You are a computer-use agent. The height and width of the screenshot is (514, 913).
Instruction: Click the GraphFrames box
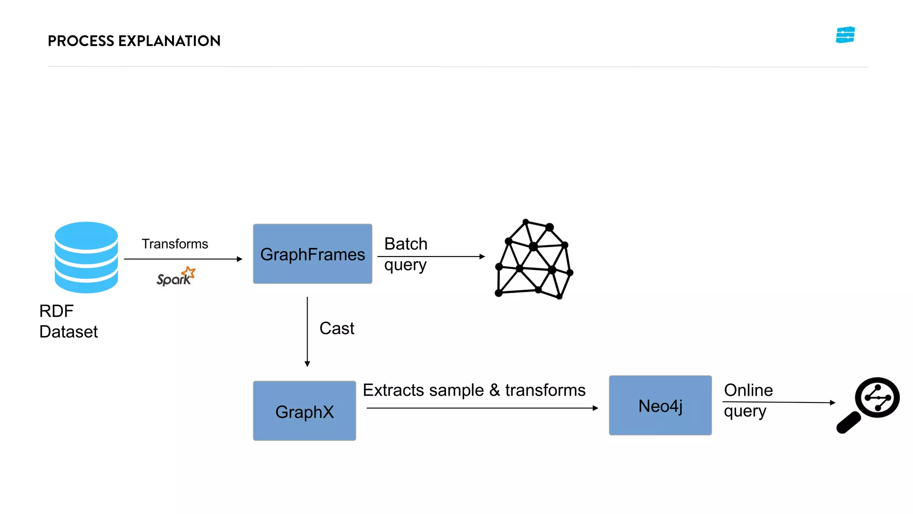point(312,254)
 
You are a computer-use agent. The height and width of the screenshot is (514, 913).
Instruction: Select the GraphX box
point(304,411)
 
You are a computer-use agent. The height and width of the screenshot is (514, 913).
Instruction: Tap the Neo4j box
point(660,406)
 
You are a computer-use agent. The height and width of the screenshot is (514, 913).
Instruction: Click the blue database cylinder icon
point(86,257)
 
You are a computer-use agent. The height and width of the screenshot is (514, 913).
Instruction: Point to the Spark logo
point(176,277)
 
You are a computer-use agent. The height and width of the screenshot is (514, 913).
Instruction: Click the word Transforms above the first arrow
point(175,244)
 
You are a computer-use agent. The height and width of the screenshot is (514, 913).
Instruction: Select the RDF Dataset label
point(68,321)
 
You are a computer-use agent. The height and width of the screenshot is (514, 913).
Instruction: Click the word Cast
point(337,328)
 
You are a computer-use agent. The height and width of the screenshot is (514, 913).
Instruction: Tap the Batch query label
point(405,254)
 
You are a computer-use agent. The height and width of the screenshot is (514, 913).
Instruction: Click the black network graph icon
point(534,259)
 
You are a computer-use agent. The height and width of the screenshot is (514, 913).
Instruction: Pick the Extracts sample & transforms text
point(473,390)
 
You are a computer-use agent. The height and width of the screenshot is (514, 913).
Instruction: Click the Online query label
point(748,400)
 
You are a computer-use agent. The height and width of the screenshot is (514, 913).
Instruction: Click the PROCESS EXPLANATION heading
point(134,41)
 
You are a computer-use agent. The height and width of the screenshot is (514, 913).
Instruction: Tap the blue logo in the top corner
point(845,35)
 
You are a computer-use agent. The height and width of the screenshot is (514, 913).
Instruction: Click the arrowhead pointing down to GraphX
point(307,364)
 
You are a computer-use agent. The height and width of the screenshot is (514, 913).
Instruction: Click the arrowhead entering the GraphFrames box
point(239,259)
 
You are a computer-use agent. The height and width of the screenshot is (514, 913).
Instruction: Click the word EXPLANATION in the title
point(169,41)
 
